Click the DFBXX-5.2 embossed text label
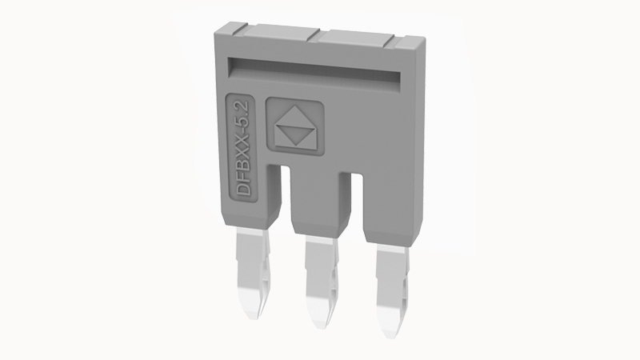tap(243, 148)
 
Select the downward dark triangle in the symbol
tap(295, 134)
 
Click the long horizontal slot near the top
tap(314, 70)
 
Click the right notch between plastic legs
tap(357, 197)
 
